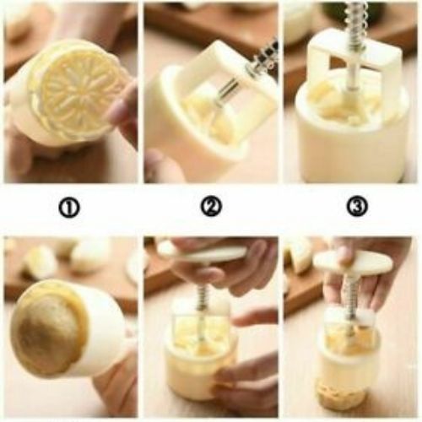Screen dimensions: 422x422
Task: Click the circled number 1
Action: point(69,206)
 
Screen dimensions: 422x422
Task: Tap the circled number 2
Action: point(210,206)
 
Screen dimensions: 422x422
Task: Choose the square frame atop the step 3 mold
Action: point(355,59)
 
